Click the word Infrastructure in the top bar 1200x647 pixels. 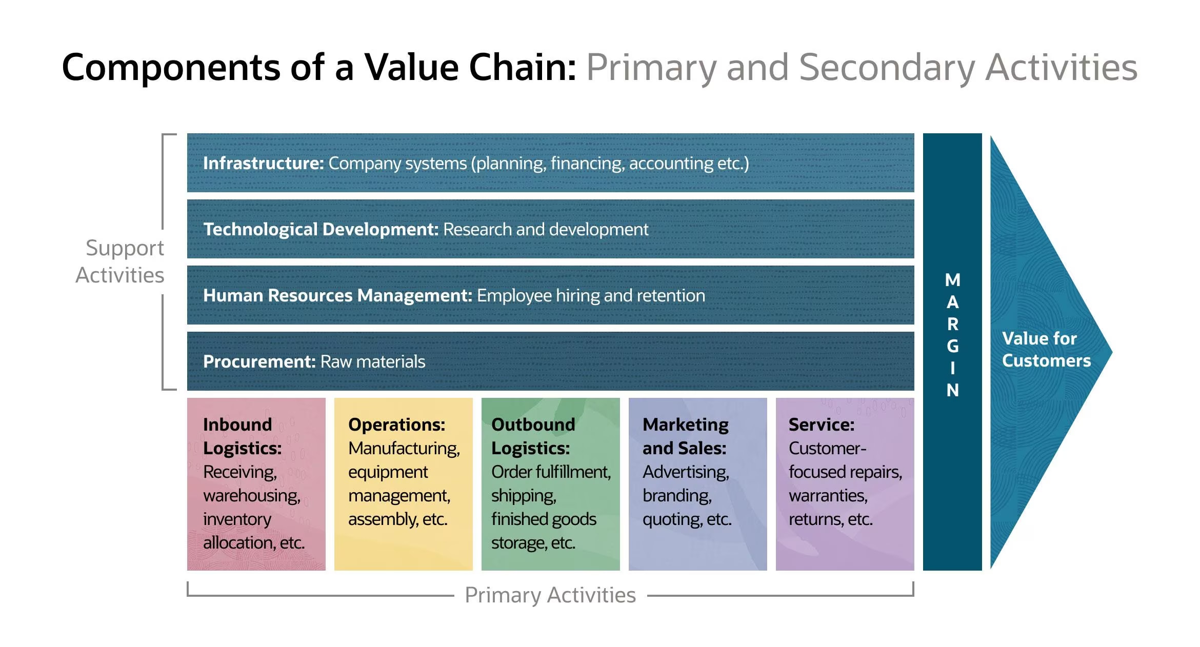(263, 163)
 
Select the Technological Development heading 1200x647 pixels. (321, 229)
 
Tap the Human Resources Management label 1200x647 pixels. (337, 295)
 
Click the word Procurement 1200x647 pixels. (259, 361)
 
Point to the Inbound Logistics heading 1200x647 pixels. (242, 436)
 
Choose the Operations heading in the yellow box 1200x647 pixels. (396, 424)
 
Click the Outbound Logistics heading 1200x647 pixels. (533, 436)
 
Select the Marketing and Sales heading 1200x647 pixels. (685, 436)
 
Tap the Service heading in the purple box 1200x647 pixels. (821, 424)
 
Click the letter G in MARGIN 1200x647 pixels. (952, 346)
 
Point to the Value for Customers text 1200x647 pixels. (1046, 349)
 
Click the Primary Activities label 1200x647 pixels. (550, 595)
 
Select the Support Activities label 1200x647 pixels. (121, 261)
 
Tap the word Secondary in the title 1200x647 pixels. (887, 67)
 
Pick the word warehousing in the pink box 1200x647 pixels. (251, 496)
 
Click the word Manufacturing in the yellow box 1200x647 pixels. (404, 449)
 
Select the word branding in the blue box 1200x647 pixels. (677, 496)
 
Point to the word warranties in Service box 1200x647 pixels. (828, 496)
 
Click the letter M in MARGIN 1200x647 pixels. (952, 280)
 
